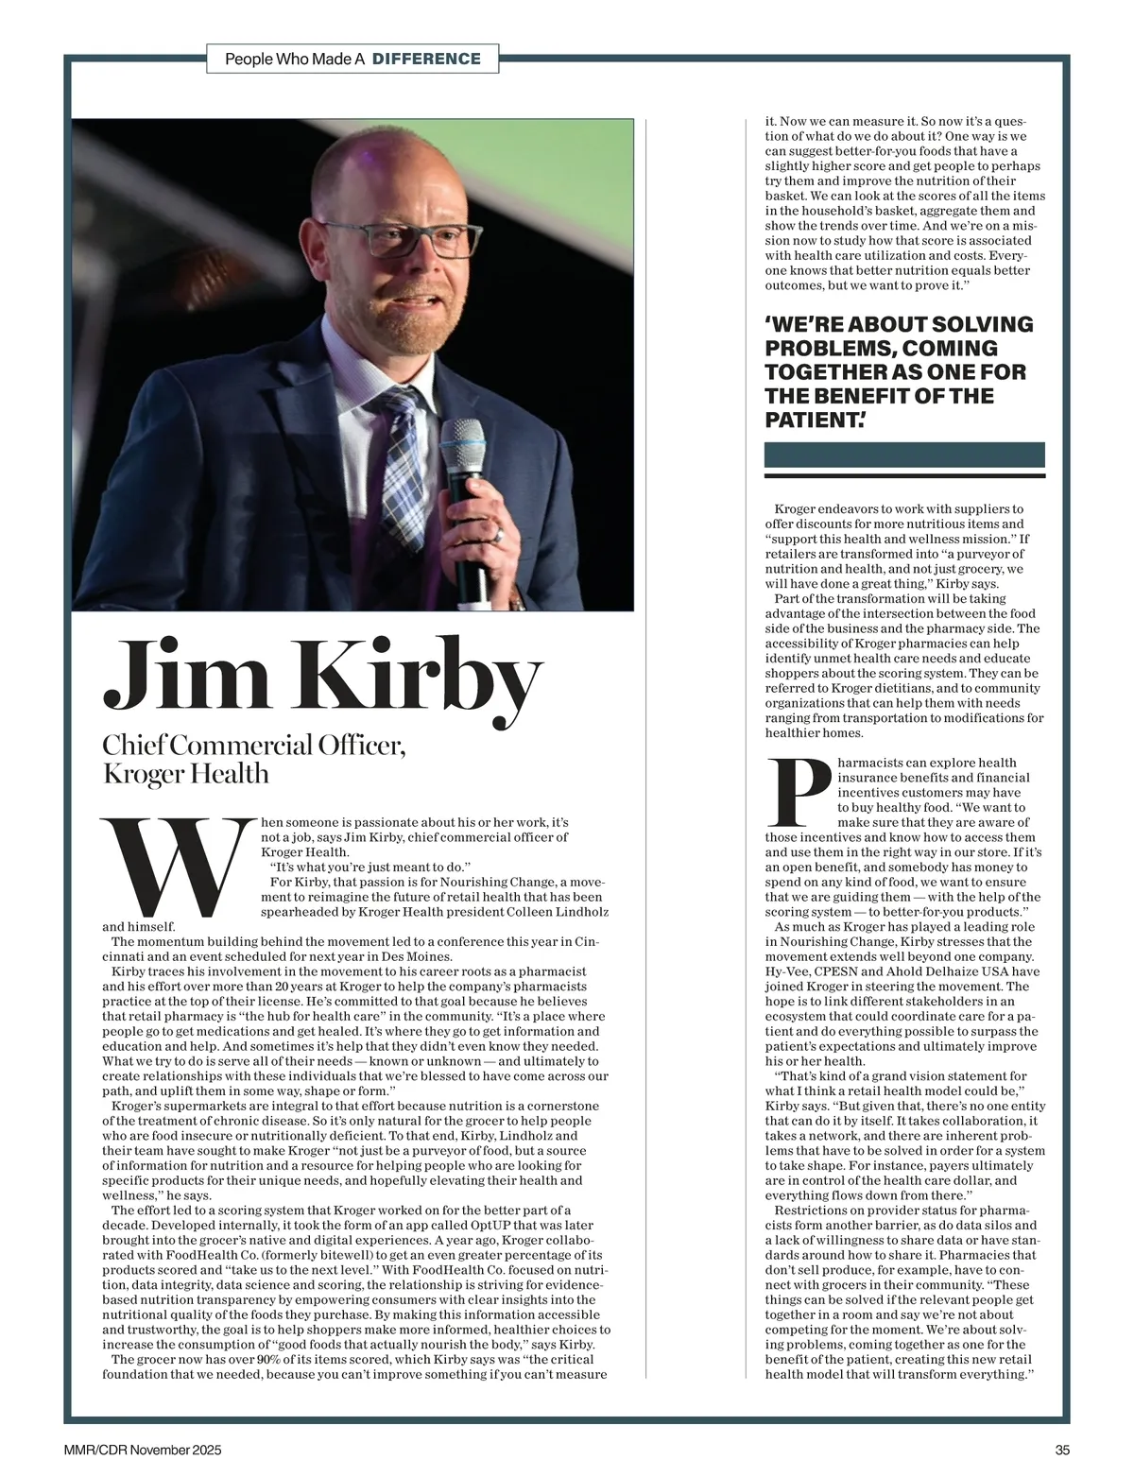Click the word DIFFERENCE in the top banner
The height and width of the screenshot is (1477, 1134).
coord(426,59)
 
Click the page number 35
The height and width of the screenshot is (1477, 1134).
coord(1062,1451)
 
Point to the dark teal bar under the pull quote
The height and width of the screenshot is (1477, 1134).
coord(904,455)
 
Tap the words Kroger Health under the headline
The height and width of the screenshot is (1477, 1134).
coord(185,774)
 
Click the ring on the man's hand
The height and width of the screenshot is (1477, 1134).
coord(498,536)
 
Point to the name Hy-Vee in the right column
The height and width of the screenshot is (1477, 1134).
coord(786,971)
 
